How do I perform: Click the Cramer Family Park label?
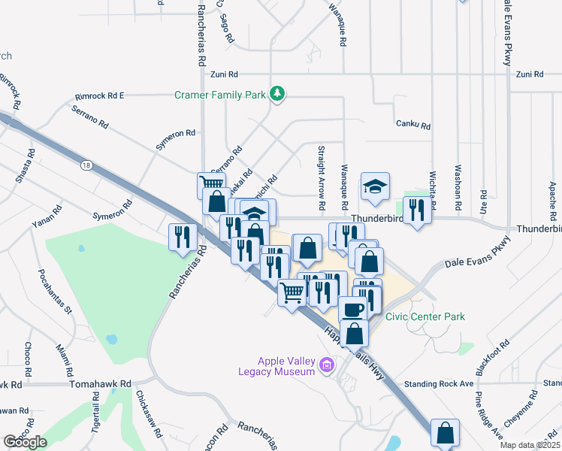click(x=219, y=95)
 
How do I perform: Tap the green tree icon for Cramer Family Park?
click(x=278, y=93)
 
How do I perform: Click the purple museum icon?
click(x=326, y=366)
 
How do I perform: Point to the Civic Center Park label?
click(x=425, y=316)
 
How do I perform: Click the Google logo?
click(x=25, y=442)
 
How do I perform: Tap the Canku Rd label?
click(x=412, y=126)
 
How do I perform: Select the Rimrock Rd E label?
click(x=99, y=96)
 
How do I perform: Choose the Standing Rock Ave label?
click(x=438, y=383)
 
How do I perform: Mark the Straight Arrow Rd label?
click(x=321, y=177)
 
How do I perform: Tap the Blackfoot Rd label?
click(x=492, y=358)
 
